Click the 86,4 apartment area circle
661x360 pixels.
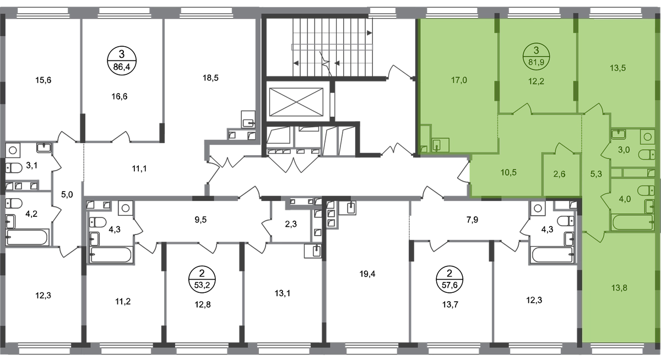click(x=122, y=61)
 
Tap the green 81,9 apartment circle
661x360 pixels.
click(x=536, y=56)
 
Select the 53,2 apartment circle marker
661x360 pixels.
click(x=202, y=279)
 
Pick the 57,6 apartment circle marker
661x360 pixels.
click(x=449, y=279)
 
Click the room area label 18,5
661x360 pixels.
click(x=210, y=78)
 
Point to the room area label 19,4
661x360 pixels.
click(x=367, y=274)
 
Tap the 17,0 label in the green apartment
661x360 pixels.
click(x=459, y=80)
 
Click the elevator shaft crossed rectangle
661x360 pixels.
click(x=296, y=102)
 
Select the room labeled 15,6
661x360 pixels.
click(x=43, y=80)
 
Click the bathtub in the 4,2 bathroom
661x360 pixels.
click(x=27, y=237)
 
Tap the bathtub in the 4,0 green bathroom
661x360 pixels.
click(x=633, y=222)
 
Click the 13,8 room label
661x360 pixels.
click(x=619, y=288)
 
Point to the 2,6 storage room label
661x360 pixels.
click(x=559, y=174)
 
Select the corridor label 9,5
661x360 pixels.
click(x=201, y=220)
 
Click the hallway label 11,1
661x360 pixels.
click(x=139, y=169)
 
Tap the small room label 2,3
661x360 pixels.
click(x=291, y=225)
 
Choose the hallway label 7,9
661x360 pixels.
click(x=472, y=220)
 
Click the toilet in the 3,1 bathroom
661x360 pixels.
click(x=14, y=168)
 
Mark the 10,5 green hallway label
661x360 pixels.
click(x=508, y=172)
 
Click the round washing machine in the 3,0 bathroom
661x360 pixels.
click(x=647, y=137)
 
